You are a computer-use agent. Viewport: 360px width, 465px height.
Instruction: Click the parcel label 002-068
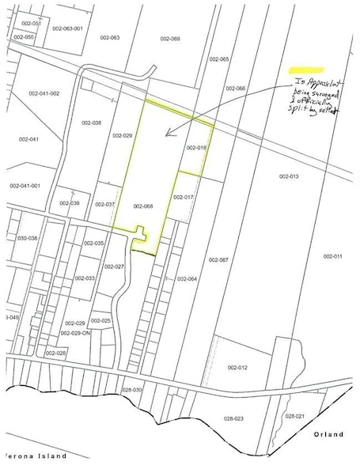[142, 206]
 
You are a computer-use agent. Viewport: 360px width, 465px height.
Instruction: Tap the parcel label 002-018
[195, 148]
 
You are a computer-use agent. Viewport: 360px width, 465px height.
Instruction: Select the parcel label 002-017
[184, 197]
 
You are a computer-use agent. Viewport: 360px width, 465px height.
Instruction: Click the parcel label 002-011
[332, 256]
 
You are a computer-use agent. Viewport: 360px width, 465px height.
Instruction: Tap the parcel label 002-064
[187, 278]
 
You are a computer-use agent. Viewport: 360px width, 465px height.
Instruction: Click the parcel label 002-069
[170, 38]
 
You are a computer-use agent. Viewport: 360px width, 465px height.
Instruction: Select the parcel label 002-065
[219, 59]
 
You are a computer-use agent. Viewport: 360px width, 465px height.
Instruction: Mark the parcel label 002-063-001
[67, 28]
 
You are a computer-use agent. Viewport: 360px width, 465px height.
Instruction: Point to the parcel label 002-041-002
[44, 93]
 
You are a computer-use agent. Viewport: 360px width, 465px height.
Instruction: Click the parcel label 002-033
[85, 278]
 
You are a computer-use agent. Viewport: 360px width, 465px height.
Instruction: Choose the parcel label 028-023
[233, 418]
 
